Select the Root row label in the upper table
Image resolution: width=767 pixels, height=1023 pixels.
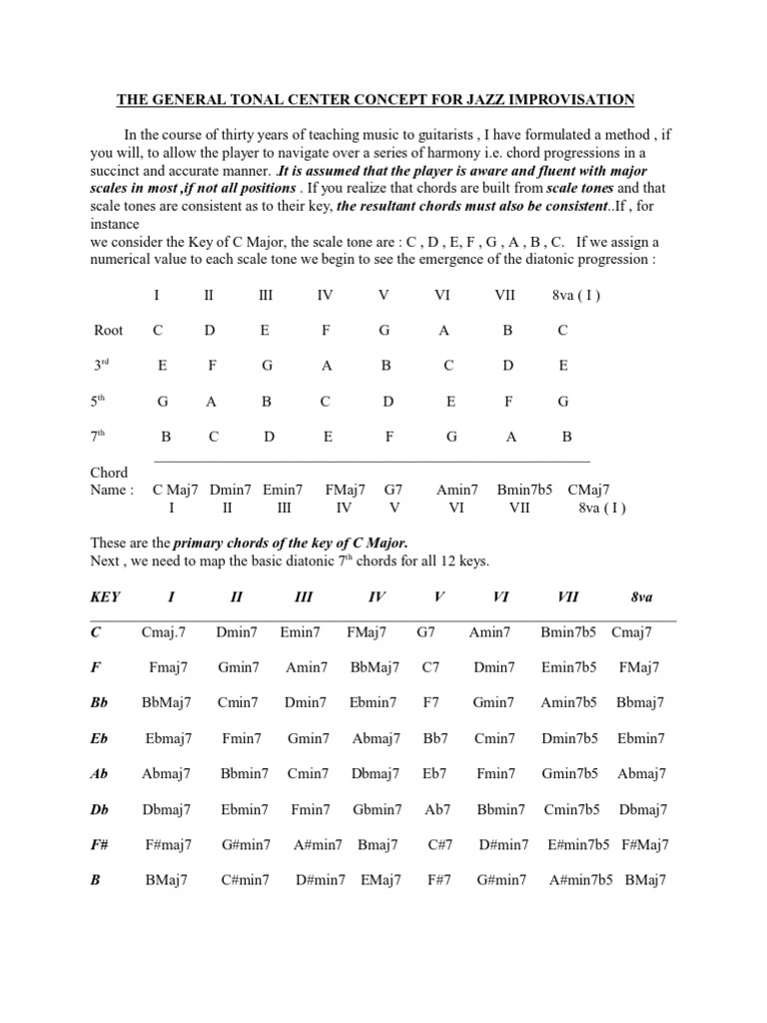pyautogui.click(x=108, y=330)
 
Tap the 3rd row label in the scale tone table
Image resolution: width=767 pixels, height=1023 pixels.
pyautogui.click(x=101, y=366)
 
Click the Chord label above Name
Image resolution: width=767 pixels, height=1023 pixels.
pyautogui.click(x=109, y=473)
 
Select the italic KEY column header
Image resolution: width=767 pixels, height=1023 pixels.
pyautogui.click(x=105, y=596)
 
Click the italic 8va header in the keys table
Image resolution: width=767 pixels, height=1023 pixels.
pyautogui.click(x=641, y=596)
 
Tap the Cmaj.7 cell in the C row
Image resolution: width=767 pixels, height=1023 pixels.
pyautogui.click(x=164, y=631)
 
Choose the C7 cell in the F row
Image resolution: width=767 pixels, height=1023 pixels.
pyautogui.click(x=431, y=666)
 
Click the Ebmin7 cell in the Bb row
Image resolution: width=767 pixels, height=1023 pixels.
pyautogui.click(x=373, y=702)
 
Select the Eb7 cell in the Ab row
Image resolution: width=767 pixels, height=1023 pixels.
pyautogui.click(x=435, y=773)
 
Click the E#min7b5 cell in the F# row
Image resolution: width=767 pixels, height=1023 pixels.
pyautogui.click(x=578, y=845)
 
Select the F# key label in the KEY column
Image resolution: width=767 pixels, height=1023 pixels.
pyautogui.click(x=101, y=845)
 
